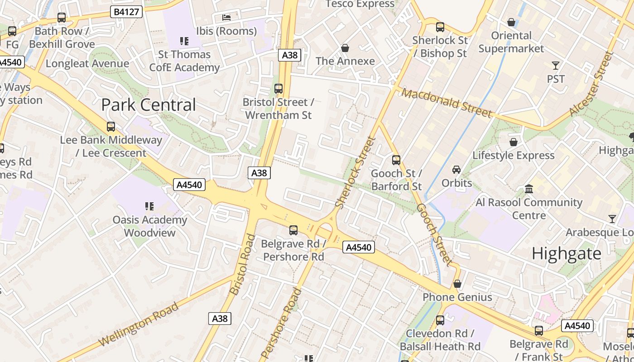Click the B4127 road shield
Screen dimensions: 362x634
coord(126,12)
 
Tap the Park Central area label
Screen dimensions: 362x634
coord(149,105)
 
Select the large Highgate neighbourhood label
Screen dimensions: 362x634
coord(566,253)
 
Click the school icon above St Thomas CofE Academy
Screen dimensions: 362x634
coord(184,42)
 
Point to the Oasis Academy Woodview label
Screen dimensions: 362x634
coord(149,226)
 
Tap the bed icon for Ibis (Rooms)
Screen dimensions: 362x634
coord(226,18)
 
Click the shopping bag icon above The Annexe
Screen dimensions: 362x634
coord(345,48)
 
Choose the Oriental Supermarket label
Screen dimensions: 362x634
coord(511,42)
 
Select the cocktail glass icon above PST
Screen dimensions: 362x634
coord(556,66)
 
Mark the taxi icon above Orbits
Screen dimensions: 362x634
coord(456,170)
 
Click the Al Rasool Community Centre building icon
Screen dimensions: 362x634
coord(528,188)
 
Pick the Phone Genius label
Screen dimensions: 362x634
coord(457,297)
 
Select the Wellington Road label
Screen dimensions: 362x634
coord(139,324)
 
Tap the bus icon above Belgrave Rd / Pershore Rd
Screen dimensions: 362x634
coord(293,230)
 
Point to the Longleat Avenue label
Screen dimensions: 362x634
coord(87,63)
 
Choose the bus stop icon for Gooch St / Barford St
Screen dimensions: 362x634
coord(396,160)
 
